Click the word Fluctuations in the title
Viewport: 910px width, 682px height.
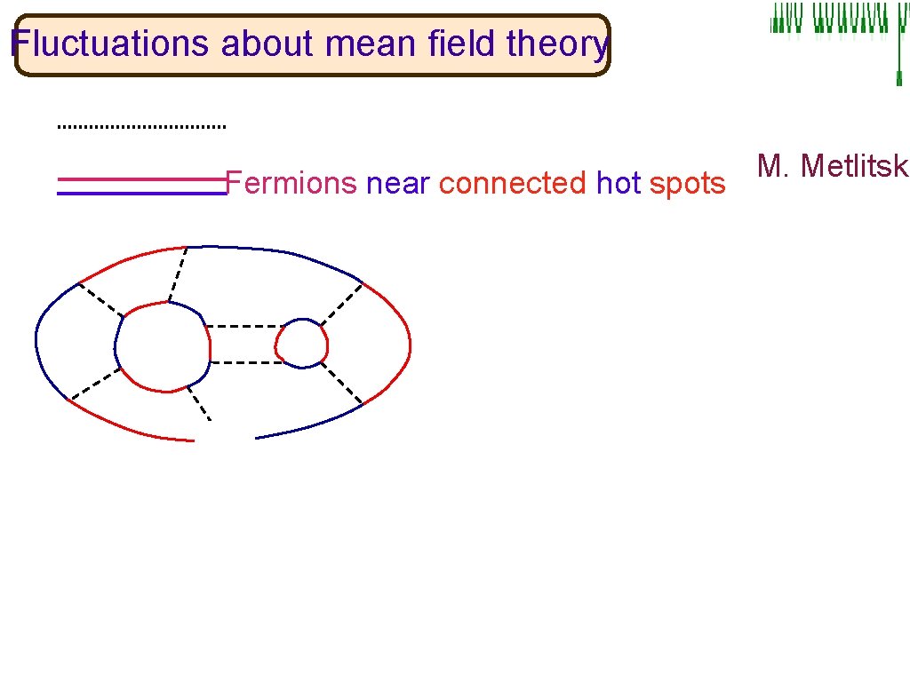click(x=111, y=43)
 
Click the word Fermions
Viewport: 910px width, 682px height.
click(x=291, y=183)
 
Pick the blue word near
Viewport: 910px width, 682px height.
click(x=397, y=183)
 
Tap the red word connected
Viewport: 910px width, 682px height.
click(x=513, y=183)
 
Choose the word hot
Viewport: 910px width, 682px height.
click(x=619, y=183)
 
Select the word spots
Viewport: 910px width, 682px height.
click(x=688, y=183)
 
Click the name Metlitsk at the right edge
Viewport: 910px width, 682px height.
click(x=833, y=166)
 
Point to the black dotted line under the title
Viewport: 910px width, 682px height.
click(x=141, y=127)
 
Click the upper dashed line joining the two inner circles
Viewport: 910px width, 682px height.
click(x=242, y=327)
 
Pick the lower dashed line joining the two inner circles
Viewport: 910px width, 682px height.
click(x=243, y=362)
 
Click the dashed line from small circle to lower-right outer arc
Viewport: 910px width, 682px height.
click(x=342, y=383)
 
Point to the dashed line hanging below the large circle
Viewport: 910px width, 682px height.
click(x=199, y=403)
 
